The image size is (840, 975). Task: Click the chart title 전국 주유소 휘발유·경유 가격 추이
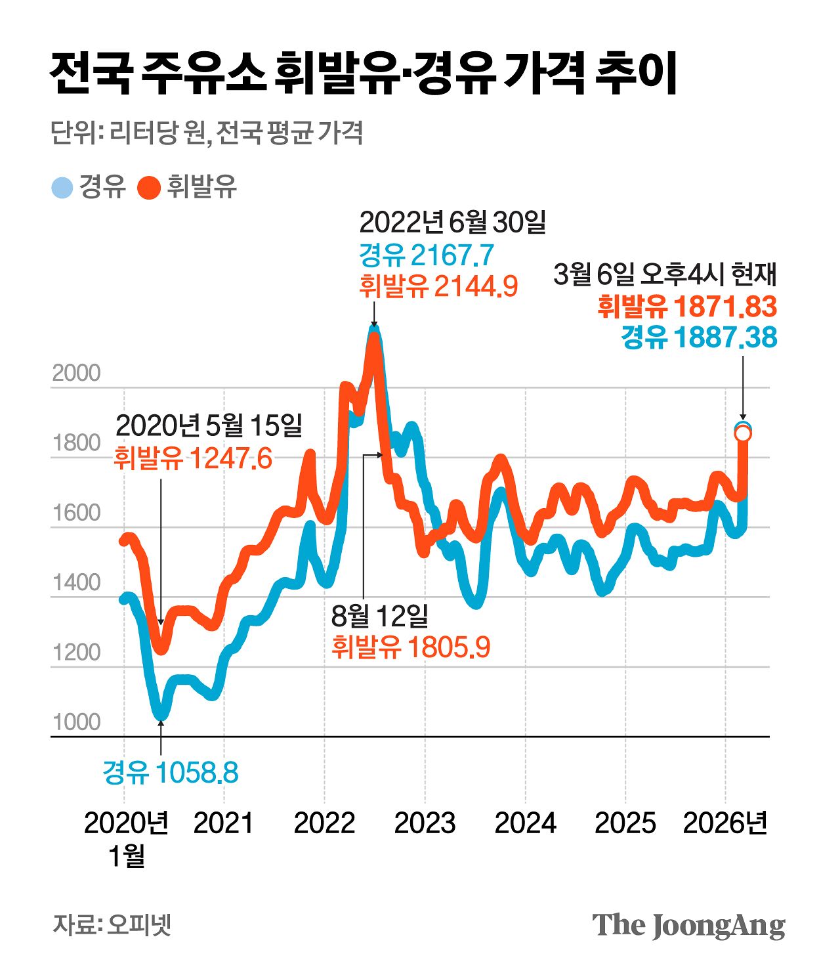(363, 74)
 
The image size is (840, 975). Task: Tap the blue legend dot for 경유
(62, 188)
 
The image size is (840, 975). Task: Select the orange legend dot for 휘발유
(149, 188)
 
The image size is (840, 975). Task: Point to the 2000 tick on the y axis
(76, 373)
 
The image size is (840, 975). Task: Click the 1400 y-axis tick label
(76, 582)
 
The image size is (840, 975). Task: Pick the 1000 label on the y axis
(76, 722)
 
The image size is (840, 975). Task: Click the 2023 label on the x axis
(425, 823)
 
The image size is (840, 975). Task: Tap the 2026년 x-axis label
(725, 823)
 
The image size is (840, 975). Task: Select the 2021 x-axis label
(223, 823)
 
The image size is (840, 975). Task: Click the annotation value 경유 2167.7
(426, 255)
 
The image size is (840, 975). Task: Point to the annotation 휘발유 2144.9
(438, 286)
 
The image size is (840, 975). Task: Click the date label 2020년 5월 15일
(209, 425)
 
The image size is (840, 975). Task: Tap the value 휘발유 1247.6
(193, 458)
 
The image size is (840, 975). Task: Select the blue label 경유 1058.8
(171, 773)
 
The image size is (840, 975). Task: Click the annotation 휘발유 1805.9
(411, 647)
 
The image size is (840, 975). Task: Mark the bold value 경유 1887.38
(699, 337)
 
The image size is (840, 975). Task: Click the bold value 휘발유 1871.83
(687, 307)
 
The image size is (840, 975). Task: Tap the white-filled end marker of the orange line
(743, 434)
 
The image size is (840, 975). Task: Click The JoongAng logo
(688, 925)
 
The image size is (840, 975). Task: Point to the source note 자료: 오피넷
(112, 924)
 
